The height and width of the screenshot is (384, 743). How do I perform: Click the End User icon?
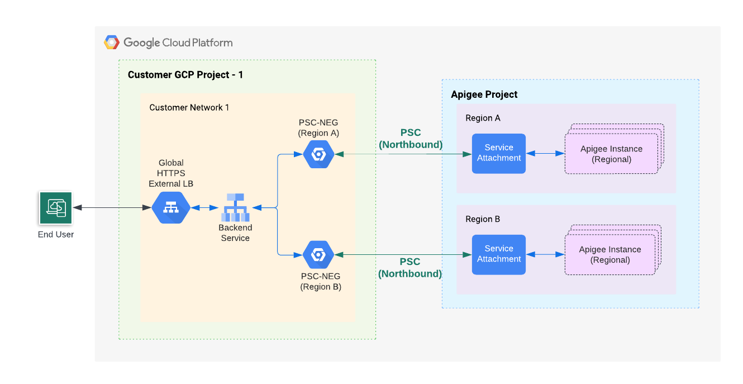tap(56, 208)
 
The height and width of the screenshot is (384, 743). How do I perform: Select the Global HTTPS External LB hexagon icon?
tap(171, 208)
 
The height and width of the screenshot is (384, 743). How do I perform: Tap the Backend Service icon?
tap(235, 207)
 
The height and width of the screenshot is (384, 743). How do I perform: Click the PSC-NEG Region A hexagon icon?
tap(318, 154)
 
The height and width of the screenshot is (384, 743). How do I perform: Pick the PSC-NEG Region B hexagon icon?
tap(318, 255)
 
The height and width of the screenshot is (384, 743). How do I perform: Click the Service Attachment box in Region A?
tap(498, 153)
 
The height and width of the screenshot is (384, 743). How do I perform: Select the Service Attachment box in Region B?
tap(498, 254)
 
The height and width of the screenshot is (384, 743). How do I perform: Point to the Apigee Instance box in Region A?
tap(611, 154)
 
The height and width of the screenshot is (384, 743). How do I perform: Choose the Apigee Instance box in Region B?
tap(610, 254)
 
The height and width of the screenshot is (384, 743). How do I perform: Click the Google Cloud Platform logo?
tap(112, 42)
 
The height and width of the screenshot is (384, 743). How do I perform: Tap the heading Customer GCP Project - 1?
tap(185, 75)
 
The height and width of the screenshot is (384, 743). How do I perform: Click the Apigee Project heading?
tap(484, 94)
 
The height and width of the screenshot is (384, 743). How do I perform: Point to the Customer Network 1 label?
tap(189, 107)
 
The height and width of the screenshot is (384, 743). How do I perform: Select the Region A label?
tap(483, 118)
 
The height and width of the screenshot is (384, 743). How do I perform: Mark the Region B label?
tap(483, 219)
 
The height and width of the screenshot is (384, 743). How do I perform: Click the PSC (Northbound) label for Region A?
tap(411, 139)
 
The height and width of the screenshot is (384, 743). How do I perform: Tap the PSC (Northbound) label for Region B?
tap(410, 268)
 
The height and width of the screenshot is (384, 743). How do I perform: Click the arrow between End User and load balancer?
tap(112, 208)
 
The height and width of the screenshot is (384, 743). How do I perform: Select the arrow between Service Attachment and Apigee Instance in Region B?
tap(545, 254)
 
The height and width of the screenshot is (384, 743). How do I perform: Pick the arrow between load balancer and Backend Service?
tap(204, 208)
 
